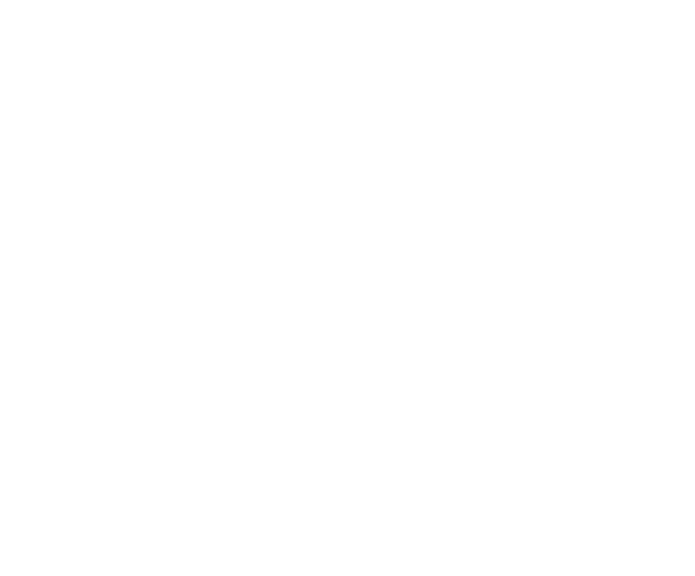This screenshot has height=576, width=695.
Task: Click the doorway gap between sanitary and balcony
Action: click(x=498, y=57)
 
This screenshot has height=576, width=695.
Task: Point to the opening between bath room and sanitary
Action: click(x=307, y=112)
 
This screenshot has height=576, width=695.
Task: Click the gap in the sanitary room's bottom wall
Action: click(x=344, y=154)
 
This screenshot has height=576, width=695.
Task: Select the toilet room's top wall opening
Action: click(x=120, y=242)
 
